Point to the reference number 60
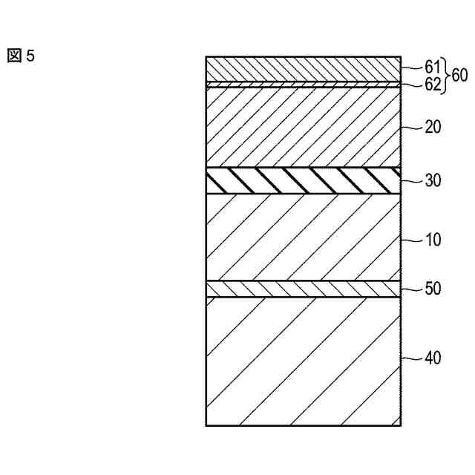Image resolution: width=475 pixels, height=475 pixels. coord(459,75)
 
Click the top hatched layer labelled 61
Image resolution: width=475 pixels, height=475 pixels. coord(303,69)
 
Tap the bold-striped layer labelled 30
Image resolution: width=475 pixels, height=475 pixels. coord(303,180)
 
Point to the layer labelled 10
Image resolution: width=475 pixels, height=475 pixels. coord(303,237)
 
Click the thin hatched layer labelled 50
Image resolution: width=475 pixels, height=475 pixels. coord(303,289)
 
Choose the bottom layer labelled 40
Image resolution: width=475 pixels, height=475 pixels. coord(303,361)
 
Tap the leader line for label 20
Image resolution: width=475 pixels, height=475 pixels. coord(410,127)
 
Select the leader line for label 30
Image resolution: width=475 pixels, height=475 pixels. coord(410,180)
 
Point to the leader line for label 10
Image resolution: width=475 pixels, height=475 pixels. coord(410,240)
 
